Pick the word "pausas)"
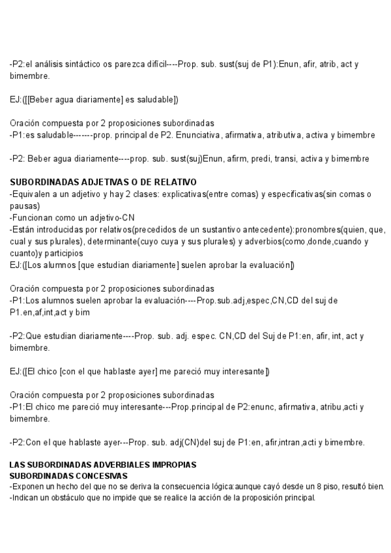[24, 205]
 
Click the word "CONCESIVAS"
[97, 476]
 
